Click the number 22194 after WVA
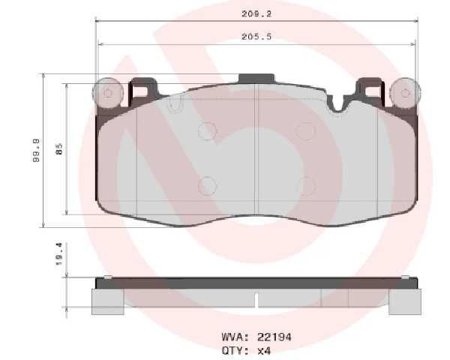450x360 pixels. click(274, 337)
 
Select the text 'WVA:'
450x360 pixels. click(237, 337)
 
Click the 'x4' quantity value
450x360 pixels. click(263, 349)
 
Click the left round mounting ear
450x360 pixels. click(106, 94)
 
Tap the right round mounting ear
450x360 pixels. click(406, 94)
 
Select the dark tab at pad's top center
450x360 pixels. click(256, 77)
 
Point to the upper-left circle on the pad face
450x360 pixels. click(207, 131)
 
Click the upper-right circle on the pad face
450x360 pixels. click(305, 131)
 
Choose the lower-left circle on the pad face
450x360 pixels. click(207, 185)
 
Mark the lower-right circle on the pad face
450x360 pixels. click(305, 185)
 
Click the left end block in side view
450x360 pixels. click(107, 301)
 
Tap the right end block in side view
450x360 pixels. click(405, 301)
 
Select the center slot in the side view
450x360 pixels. click(256, 298)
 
